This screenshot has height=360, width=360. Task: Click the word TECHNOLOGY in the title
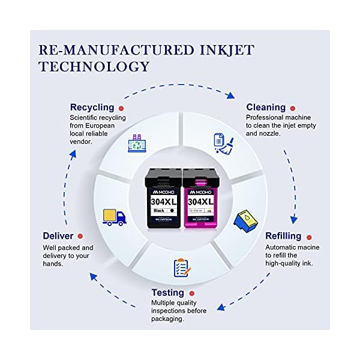pos(94,66)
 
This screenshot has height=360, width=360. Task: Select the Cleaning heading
pos(266,107)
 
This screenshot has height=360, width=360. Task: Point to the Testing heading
pos(168,293)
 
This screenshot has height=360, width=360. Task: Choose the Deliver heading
pos(58,236)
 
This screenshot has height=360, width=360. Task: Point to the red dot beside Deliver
pos(80,236)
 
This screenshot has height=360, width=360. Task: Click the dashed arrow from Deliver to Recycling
pos(69,180)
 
